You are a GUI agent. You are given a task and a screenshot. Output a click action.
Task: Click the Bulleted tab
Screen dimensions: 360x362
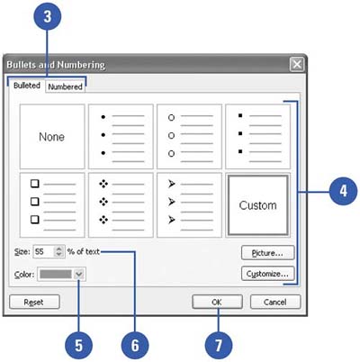[27, 86]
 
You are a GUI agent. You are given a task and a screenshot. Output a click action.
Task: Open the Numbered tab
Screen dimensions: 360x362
[65, 86]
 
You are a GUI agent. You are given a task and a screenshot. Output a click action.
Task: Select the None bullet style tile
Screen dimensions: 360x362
[52, 137]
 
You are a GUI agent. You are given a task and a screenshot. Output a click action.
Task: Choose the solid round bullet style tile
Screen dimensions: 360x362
[121, 137]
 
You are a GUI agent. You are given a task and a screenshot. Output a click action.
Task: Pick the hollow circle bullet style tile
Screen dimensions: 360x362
[189, 137]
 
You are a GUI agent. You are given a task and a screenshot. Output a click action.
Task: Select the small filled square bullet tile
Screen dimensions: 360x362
[258, 137]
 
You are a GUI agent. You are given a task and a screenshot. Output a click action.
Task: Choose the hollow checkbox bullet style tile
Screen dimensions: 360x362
[52, 205]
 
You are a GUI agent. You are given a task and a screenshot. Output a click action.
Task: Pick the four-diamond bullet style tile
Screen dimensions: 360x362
[121, 205]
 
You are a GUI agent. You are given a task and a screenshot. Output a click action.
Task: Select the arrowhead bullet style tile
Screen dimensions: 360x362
[189, 205]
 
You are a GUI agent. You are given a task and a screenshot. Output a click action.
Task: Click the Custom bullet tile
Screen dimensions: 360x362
[258, 205]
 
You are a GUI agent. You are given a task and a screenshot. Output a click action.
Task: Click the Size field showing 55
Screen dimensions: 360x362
[44, 251]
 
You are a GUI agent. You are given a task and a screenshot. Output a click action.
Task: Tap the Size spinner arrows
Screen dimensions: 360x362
[59, 251]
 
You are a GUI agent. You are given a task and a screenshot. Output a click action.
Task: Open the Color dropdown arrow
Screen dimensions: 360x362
[79, 274]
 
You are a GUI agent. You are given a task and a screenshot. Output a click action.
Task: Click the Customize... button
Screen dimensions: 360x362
[267, 274]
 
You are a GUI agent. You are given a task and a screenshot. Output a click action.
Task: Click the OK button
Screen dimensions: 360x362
[217, 302]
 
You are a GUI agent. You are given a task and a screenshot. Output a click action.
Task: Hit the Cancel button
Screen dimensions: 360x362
[275, 302]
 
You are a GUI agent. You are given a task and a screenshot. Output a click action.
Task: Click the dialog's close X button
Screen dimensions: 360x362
[297, 65]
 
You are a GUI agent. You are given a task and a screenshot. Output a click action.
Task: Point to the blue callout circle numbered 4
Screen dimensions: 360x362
[344, 191]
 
